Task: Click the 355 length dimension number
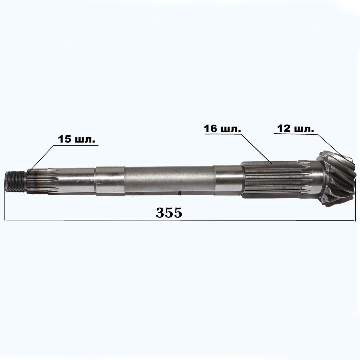tap(169, 213)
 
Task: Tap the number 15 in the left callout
tap(65, 139)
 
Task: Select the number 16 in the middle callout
tap(211, 129)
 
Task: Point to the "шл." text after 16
tap(231, 129)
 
